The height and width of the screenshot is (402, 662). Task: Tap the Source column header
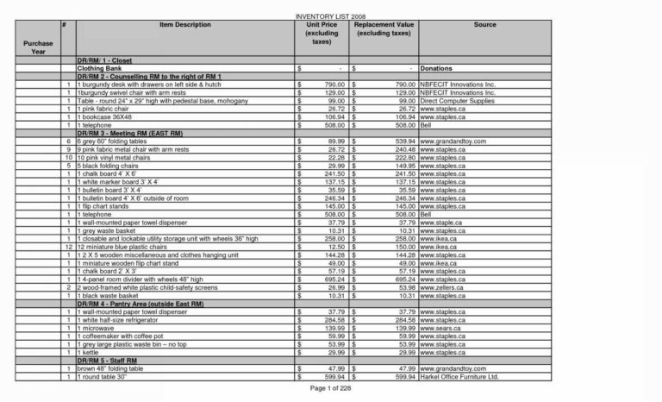tap(484, 25)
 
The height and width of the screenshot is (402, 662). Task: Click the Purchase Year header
tap(38, 47)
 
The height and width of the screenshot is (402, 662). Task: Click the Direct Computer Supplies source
tap(456, 101)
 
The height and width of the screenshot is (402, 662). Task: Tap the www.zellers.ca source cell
tap(442, 288)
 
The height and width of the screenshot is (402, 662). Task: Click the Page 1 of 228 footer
tap(331, 389)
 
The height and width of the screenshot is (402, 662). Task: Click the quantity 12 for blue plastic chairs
tap(67, 248)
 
